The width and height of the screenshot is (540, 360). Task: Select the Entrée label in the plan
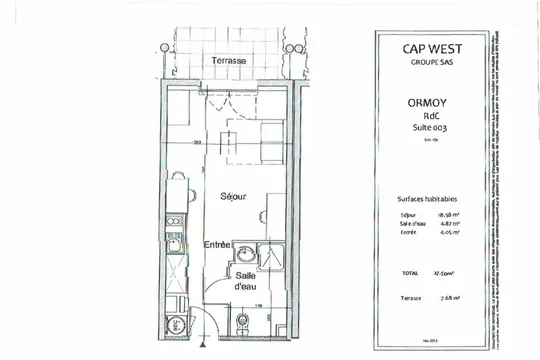pos(219,244)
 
